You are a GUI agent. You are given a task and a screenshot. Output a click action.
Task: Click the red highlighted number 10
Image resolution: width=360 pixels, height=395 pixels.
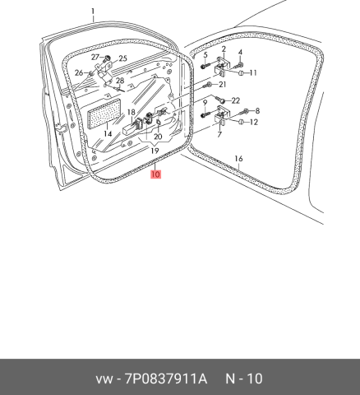pyautogui.click(x=155, y=174)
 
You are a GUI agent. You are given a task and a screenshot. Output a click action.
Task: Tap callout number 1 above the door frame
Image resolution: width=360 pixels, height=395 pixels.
pyautogui.click(x=93, y=12)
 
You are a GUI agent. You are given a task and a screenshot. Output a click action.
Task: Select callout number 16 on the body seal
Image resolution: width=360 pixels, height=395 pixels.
pyautogui.click(x=238, y=159)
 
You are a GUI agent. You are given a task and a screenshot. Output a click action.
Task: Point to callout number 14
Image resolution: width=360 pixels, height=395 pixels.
pyautogui.click(x=108, y=134)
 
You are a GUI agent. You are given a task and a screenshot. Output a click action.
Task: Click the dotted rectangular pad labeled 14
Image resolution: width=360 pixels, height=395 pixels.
pyautogui.click(x=104, y=114)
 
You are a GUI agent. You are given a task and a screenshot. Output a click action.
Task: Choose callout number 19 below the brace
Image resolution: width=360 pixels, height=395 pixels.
pyautogui.click(x=155, y=151)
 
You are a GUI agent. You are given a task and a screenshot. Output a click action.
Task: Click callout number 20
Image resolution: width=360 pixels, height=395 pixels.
pyautogui.click(x=158, y=137)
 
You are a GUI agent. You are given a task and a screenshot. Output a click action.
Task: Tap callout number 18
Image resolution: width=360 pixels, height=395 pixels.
pyautogui.click(x=132, y=112)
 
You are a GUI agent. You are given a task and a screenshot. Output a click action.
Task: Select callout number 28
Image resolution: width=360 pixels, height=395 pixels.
pyautogui.click(x=120, y=81)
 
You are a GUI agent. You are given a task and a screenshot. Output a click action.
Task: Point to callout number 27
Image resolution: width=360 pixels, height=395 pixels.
pyautogui.click(x=95, y=58)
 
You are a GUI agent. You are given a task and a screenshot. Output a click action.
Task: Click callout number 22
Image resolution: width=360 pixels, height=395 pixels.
pyautogui.click(x=236, y=100)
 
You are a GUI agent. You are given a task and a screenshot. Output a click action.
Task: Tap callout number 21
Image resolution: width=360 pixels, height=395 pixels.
pyautogui.click(x=223, y=84)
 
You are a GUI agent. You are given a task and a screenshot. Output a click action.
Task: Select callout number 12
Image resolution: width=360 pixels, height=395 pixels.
pyautogui.click(x=254, y=122)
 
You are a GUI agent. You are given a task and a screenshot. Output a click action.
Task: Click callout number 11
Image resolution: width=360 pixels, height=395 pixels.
pyautogui.click(x=252, y=72)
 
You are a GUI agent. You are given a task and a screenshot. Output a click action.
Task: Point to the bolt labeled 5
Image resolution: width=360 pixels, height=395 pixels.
pyautogui.click(x=205, y=66)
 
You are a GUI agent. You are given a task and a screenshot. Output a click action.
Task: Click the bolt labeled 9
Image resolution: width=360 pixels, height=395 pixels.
pyautogui.click(x=205, y=114)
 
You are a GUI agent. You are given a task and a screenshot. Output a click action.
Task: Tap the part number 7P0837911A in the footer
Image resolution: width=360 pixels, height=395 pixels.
pyautogui.click(x=166, y=379)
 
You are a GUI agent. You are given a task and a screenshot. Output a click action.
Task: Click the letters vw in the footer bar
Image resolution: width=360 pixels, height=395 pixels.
pyautogui.click(x=104, y=379)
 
